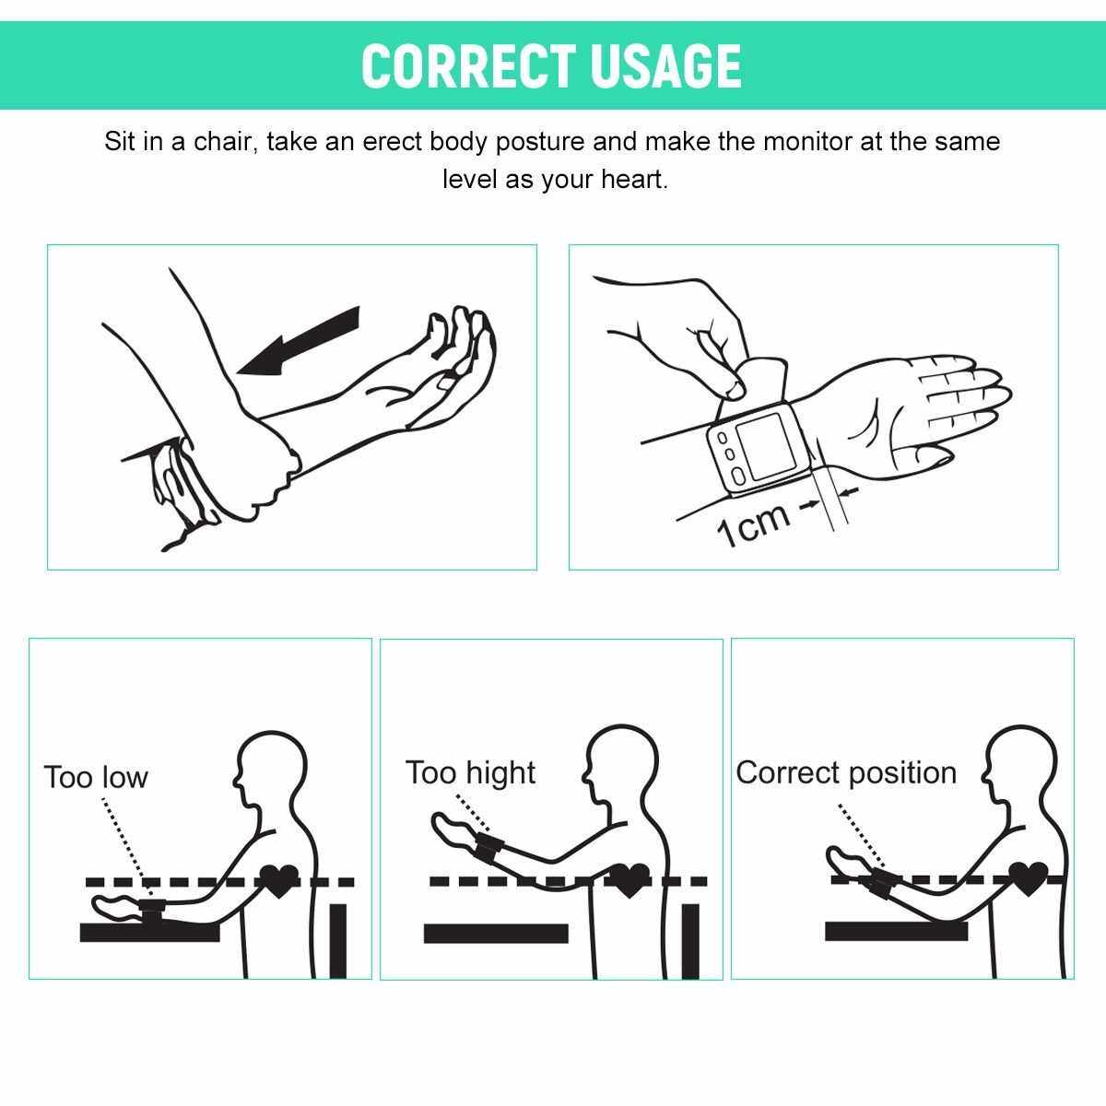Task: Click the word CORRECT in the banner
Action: (x=468, y=66)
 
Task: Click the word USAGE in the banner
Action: (x=666, y=66)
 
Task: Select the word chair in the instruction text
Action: (x=223, y=141)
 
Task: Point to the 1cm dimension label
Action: (x=752, y=524)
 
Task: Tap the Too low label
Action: (x=96, y=777)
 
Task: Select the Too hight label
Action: (x=470, y=772)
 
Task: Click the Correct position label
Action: (x=846, y=772)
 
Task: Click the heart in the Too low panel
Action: (x=279, y=882)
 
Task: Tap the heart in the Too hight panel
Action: (x=629, y=882)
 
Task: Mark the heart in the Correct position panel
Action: (x=1028, y=880)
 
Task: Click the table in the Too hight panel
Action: (x=496, y=934)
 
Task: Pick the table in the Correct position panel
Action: (x=896, y=931)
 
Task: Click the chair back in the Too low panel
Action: (x=338, y=941)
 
